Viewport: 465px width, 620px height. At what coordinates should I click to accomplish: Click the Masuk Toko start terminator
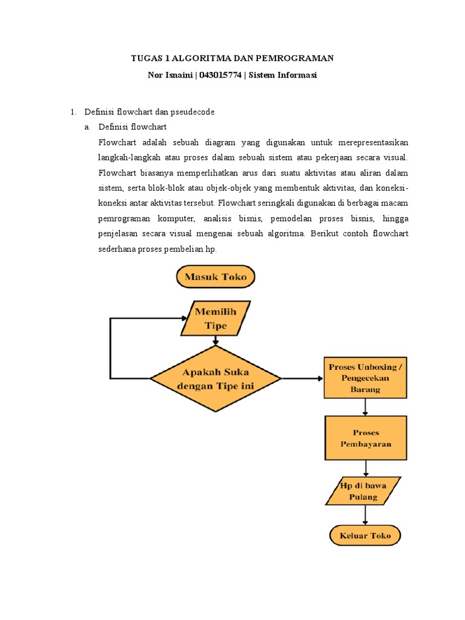tap(216, 276)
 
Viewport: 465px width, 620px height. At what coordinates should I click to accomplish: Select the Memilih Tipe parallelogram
tap(216, 318)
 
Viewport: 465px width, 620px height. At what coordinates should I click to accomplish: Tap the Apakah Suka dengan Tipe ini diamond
tap(216, 378)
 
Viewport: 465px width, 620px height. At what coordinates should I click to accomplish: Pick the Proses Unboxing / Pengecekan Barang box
tap(365, 378)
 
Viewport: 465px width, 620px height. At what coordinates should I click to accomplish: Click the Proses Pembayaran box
tap(366, 438)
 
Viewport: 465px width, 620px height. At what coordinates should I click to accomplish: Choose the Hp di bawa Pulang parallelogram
tap(363, 491)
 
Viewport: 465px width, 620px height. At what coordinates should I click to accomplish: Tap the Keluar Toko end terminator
tap(365, 535)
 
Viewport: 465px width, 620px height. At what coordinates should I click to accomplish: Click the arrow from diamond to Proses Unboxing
tap(303, 378)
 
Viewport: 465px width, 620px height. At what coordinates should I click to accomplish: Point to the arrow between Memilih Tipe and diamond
tap(216, 340)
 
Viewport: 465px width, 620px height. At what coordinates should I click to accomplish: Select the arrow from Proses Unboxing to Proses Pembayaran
tap(365, 407)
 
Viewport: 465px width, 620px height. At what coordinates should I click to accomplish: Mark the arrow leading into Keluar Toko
tap(365, 515)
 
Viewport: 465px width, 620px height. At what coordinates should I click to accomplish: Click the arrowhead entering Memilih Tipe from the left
tap(184, 318)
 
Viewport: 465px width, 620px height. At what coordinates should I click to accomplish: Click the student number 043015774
tap(220, 75)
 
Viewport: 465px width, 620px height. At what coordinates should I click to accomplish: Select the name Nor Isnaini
tap(170, 75)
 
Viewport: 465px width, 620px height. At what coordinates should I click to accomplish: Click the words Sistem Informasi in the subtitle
tap(283, 75)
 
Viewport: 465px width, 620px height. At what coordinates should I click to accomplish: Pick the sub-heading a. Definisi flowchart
tap(125, 127)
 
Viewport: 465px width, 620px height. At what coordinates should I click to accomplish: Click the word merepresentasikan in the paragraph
tap(373, 142)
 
